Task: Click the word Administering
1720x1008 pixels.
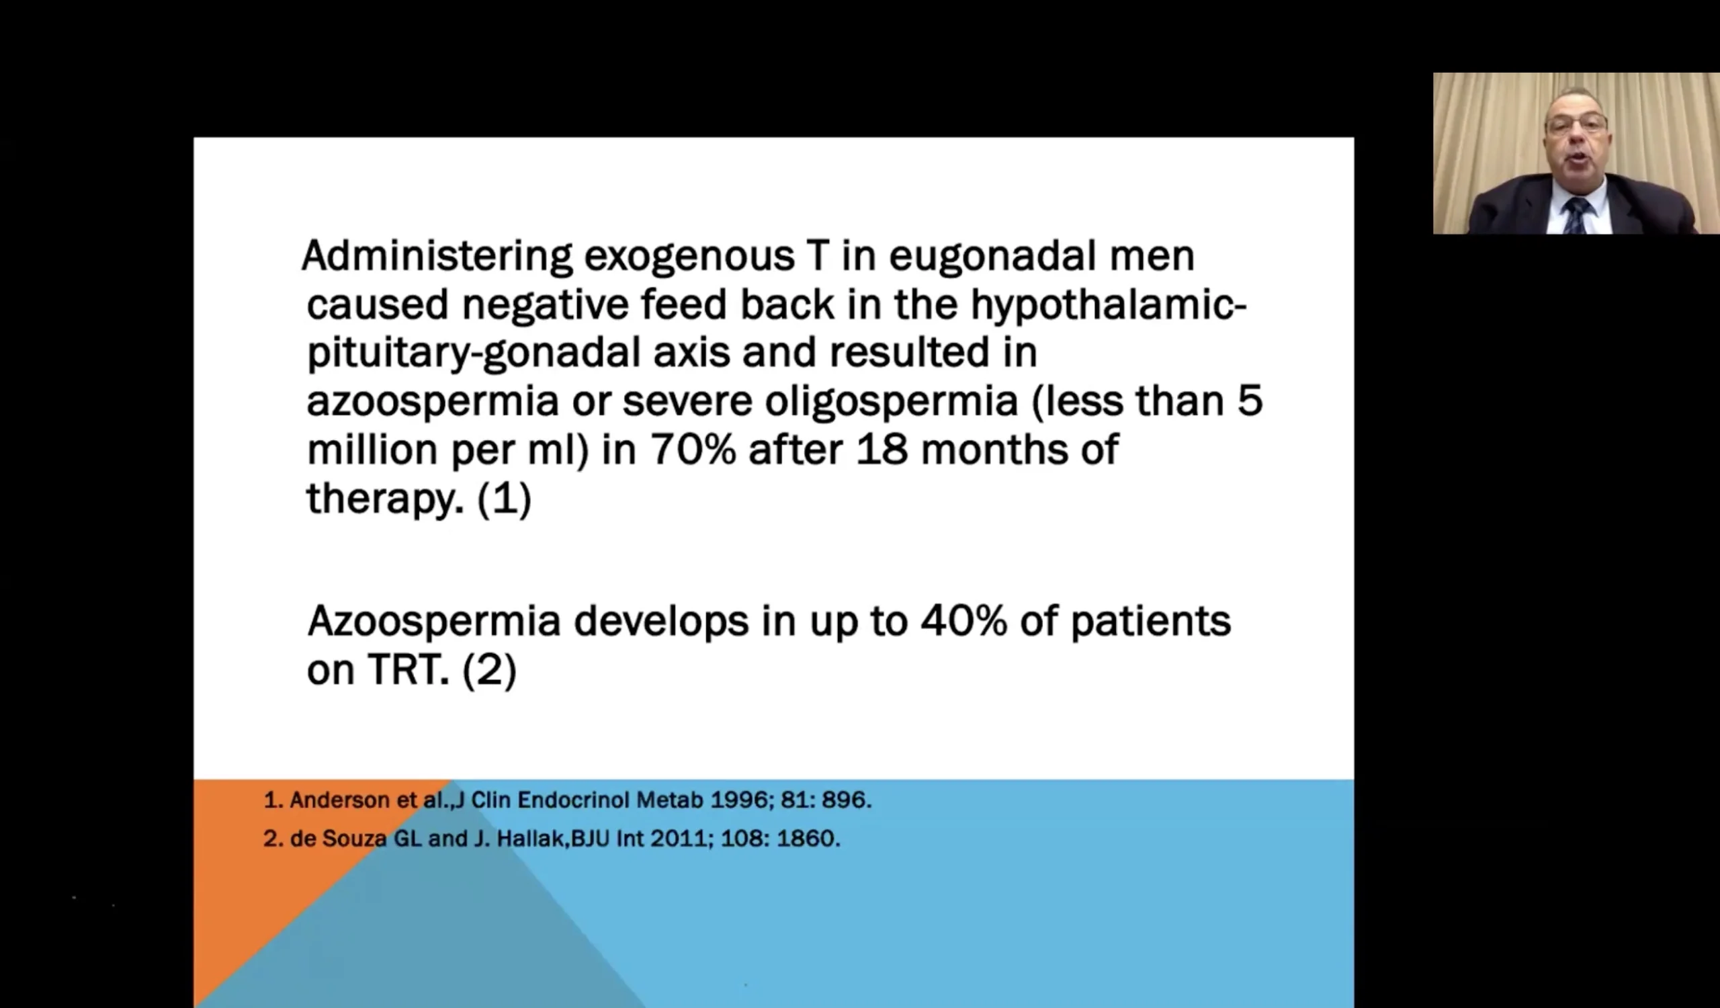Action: pyautogui.click(x=437, y=257)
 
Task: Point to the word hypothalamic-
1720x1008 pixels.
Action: pyautogui.click(x=1109, y=305)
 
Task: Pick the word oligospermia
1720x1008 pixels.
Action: pyautogui.click(x=892, y=402)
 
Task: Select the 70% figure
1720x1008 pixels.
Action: pyautogui.click(x=693, y=450)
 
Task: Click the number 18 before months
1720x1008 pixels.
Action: pyautogui.click(x=882, y=450)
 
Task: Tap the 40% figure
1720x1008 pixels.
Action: pyautogui.click(x=963, y=621)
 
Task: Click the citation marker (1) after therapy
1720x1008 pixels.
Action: pyautogui.click(x=505, y=499)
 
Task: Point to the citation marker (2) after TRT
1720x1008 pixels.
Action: pyautogui.click(x=489, y=670)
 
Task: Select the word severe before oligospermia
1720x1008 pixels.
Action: pyautogui.click(x=687, y=402)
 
